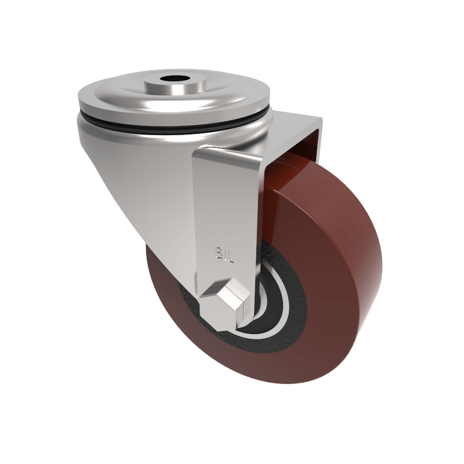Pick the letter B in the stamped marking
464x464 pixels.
(219, 253)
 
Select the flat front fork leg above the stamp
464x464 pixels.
(226, 203)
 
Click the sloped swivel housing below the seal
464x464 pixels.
(139, 174)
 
